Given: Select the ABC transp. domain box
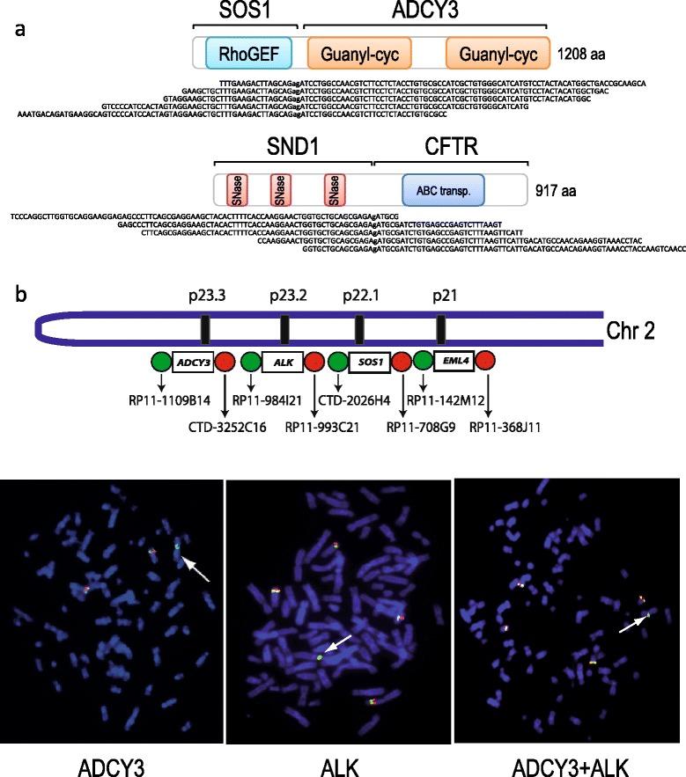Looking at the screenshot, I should click(439, 188).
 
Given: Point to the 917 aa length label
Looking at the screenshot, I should click(559, 188).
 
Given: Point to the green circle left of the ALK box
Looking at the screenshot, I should click(251, 362).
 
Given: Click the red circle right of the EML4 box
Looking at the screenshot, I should click(486, 362).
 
